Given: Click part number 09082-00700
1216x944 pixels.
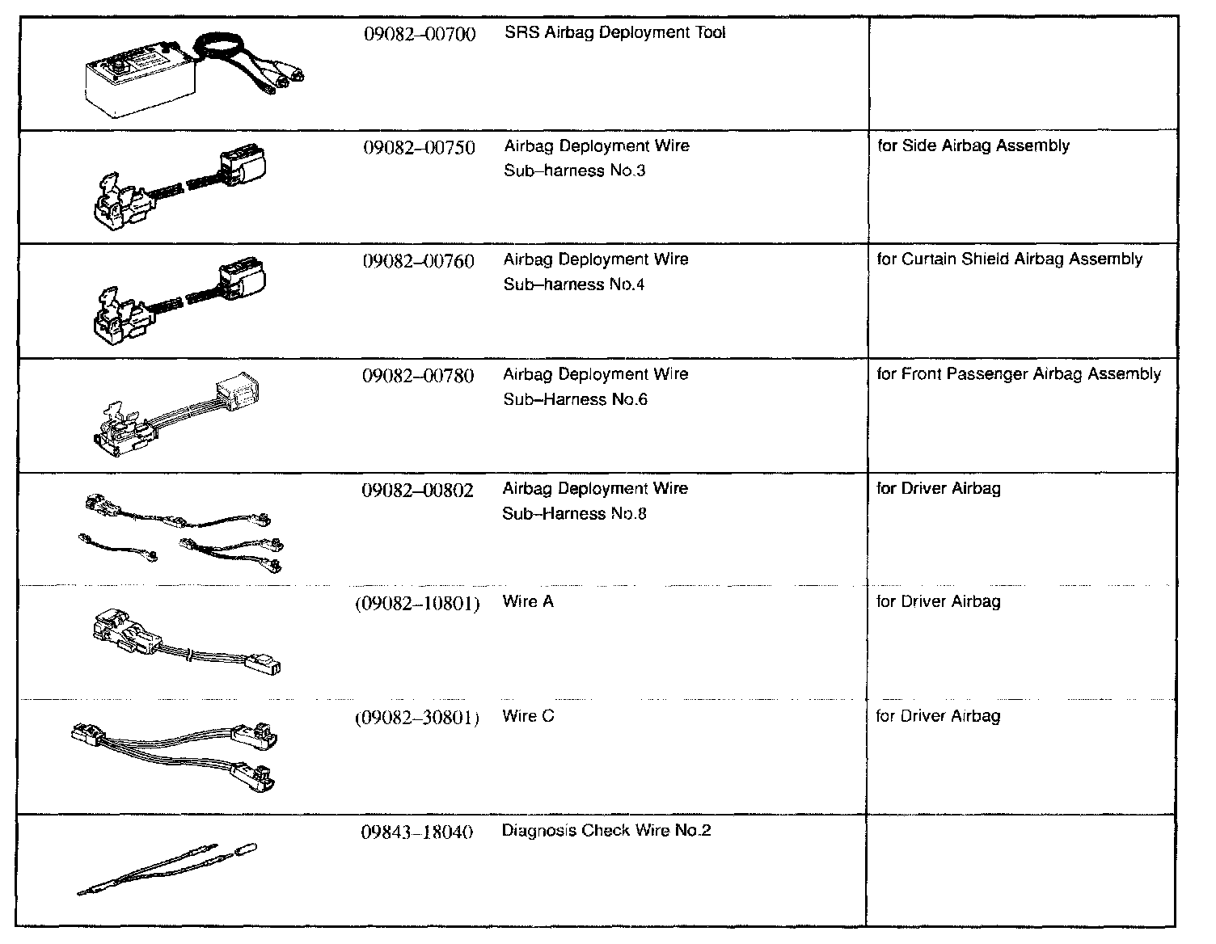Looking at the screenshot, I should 418,34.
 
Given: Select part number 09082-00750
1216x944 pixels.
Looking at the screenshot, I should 418,147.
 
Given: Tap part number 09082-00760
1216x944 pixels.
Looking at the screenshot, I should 418,261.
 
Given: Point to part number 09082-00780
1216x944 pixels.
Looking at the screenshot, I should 418,376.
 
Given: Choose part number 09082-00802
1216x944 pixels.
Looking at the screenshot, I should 417,491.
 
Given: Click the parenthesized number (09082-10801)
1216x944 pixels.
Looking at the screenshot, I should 417,603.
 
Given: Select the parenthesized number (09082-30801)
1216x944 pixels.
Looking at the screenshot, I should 417,718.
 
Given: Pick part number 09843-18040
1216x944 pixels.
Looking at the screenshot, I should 417,832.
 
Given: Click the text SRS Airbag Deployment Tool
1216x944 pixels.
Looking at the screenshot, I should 614,32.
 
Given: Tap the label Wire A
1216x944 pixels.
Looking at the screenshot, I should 528,601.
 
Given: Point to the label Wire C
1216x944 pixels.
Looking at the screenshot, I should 528,716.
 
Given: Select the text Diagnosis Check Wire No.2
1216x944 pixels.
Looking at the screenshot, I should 606,830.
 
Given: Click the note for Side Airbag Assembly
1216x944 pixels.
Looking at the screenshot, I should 973,146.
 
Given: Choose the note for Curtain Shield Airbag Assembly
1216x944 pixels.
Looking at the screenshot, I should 1010,259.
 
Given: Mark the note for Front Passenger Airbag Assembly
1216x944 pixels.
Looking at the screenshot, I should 1019,374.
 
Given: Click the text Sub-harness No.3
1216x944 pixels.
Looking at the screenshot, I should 575,171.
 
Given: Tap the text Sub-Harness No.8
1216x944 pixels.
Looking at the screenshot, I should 574,514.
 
